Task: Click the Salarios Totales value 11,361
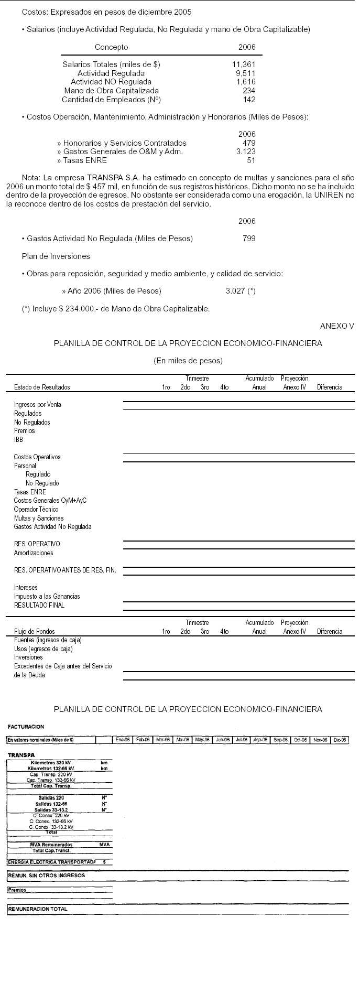[244, 64]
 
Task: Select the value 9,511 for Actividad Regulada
[246, 73]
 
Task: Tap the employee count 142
[249, 100]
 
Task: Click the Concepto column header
[111, 47]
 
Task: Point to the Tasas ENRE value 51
[251, 160]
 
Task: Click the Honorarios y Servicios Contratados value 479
[249, 143]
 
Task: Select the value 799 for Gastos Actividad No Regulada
[249, 239]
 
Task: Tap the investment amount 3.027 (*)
[241, 291]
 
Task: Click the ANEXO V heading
[337, 326]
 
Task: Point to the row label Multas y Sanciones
[39, 518]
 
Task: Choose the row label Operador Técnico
[36, 509]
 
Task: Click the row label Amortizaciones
[34, 553]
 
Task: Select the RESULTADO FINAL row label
[39, 605]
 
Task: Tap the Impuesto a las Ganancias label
[47, 596]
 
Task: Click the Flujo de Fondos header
[34, 631]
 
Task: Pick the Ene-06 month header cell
[123, 740]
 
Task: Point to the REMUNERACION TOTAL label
[38, 909]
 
